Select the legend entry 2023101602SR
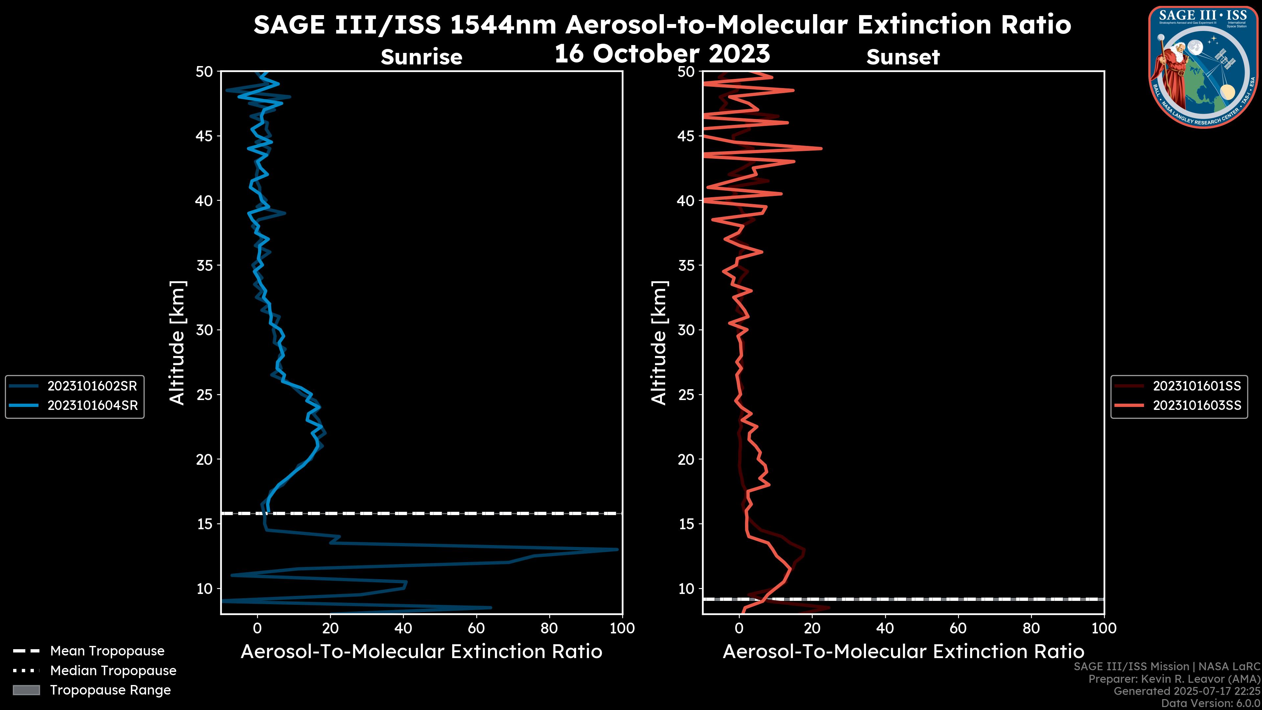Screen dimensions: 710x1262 point(92,386)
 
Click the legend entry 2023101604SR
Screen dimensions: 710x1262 point(92,406)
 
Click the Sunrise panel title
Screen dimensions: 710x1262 point(421,57)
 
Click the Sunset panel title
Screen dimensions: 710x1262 point(903,57)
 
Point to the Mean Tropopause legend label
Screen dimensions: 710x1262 point(107,651)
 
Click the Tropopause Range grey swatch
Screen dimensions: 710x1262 point(26,690)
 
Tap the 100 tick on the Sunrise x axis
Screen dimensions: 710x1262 point(622,628)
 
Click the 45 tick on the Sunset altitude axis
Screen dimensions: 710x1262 point(686,136)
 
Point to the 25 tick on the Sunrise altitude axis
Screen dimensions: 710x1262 point(204,395)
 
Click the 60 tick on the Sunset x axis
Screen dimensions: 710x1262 point(958,628)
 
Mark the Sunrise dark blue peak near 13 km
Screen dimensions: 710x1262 point(617,549)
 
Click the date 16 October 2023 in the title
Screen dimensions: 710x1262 point(662,53)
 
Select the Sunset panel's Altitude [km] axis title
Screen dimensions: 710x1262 point(659,343)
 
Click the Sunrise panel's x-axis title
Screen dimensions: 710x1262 point(421,652)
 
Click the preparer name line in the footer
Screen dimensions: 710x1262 point(1174,679)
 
